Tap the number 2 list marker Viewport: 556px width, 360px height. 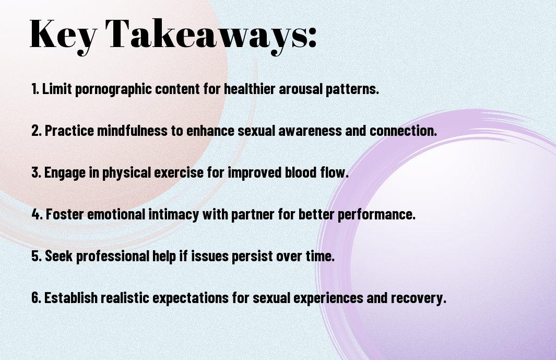tap(37, 130)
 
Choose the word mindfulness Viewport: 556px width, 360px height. tap(132, 130)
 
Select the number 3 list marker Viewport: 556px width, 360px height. tap(37, 172)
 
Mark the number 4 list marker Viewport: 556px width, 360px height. tap(37, 214)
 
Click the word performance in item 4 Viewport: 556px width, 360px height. tap(376, 215)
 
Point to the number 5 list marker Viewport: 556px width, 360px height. tap(37, 256)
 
